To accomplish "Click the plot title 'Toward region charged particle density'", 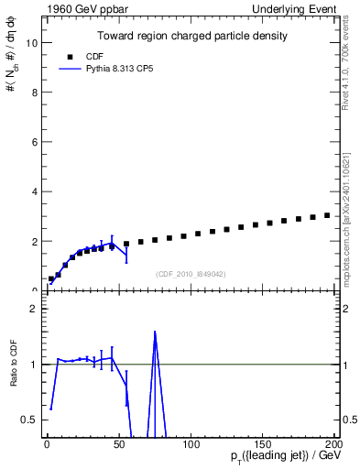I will (x=192, y=37).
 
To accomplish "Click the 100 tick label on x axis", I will (x=191, y=444).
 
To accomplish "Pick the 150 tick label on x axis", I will (x=263, y=444).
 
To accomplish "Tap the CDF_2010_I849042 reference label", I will (x=191, y=274).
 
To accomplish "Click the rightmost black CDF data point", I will (x=327, y=215).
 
